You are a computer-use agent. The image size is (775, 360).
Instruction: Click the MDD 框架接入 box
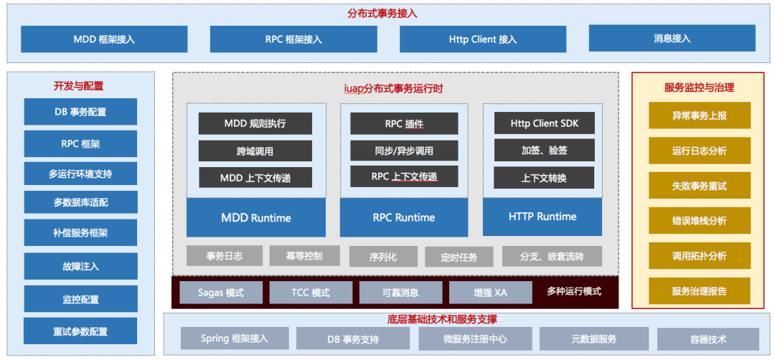[104, 39]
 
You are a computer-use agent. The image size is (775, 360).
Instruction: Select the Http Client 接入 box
[483, 39]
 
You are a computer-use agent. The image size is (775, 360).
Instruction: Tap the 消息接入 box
[672, 38]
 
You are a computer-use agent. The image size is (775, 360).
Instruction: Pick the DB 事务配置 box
[80, 112]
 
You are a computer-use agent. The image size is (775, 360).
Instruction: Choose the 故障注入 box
[80, 266]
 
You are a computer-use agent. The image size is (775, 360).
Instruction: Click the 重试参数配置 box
[80, 332]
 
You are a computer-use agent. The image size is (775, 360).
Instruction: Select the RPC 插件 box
[404, 123]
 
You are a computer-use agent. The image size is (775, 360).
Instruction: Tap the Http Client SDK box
[544, 123]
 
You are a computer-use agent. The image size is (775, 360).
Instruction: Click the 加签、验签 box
[544, 150]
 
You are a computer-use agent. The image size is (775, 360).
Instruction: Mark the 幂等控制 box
[305, 255]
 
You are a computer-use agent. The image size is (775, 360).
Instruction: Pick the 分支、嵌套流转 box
[552, 256]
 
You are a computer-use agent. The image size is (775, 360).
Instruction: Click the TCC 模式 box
[311, 293]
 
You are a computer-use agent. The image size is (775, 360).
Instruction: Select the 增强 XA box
[490, 293]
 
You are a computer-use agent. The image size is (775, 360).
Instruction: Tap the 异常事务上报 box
[699, 115]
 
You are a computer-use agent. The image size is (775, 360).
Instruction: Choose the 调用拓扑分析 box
[699, 256]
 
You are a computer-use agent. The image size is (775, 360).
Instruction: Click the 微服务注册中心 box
[476, 338]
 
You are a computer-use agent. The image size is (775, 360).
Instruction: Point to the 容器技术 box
[708, 339]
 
